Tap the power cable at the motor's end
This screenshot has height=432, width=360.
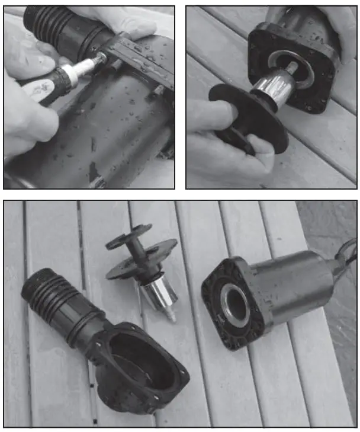pos(346,255)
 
